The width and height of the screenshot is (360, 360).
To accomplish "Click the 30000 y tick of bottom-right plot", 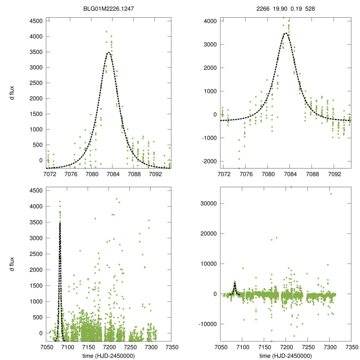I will pyautogui.click(x=210, y=204).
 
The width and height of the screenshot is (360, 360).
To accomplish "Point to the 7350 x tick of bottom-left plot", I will pyautogui.click(x=171, y=348).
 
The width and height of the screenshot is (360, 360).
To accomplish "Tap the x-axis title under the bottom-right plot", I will pyautogui.click(x=285, y=356).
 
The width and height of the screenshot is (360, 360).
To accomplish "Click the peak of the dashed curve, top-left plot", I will pyautogui.click(x=109, y=52).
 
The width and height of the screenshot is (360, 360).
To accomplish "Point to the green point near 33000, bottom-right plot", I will pyautogui.click(x=330, y=194).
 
